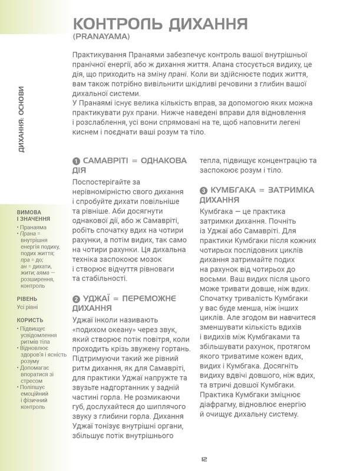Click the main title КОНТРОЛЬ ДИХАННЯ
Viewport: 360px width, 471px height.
(159, 24)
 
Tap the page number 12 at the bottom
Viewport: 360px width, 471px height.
(203, 459)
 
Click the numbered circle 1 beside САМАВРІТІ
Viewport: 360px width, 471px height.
(76, 161)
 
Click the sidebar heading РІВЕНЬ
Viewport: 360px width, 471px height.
(27, 299)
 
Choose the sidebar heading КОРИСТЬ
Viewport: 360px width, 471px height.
(29, 320)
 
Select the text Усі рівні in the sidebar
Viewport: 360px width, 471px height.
(30, 307)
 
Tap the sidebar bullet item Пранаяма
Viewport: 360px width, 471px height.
(35, 227)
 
